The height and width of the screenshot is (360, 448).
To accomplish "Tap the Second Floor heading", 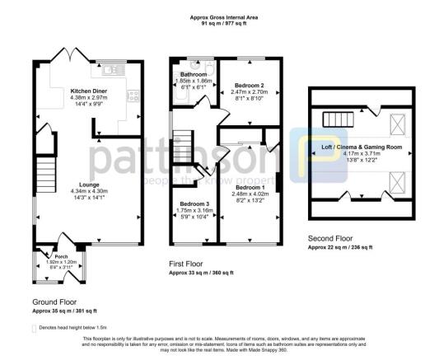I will (331, 237).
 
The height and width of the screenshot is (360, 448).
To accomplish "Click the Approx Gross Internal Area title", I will (226, 17).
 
